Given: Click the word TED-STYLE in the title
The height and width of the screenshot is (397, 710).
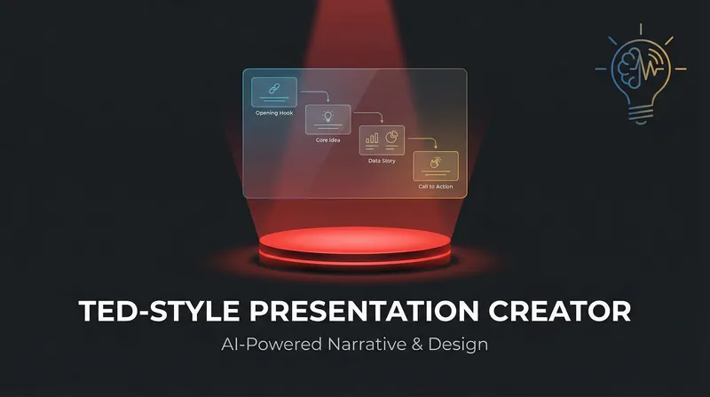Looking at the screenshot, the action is (159, 311).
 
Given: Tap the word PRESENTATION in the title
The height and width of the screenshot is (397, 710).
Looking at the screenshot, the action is (364, 311).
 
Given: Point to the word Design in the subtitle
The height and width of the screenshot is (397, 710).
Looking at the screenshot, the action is (458, 345).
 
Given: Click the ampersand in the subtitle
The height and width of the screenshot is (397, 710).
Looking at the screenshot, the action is (417, 345).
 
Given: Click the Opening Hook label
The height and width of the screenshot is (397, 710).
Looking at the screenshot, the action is (274, 113).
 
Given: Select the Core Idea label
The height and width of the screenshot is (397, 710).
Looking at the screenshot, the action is (327, 140).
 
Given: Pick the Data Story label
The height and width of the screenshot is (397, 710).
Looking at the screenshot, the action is (382, 161).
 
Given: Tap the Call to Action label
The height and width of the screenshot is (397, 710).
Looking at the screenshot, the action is (436, 187).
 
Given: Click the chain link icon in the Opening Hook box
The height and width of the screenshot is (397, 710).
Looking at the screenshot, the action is (274, 89).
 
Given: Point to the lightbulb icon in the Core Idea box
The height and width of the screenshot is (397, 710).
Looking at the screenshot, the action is (327, 115).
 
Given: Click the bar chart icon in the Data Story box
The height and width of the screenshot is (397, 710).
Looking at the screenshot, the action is (372, 139).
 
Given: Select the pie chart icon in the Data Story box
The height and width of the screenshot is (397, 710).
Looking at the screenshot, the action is (391, 137).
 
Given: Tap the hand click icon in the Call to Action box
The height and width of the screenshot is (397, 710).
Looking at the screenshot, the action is (435, 163).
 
